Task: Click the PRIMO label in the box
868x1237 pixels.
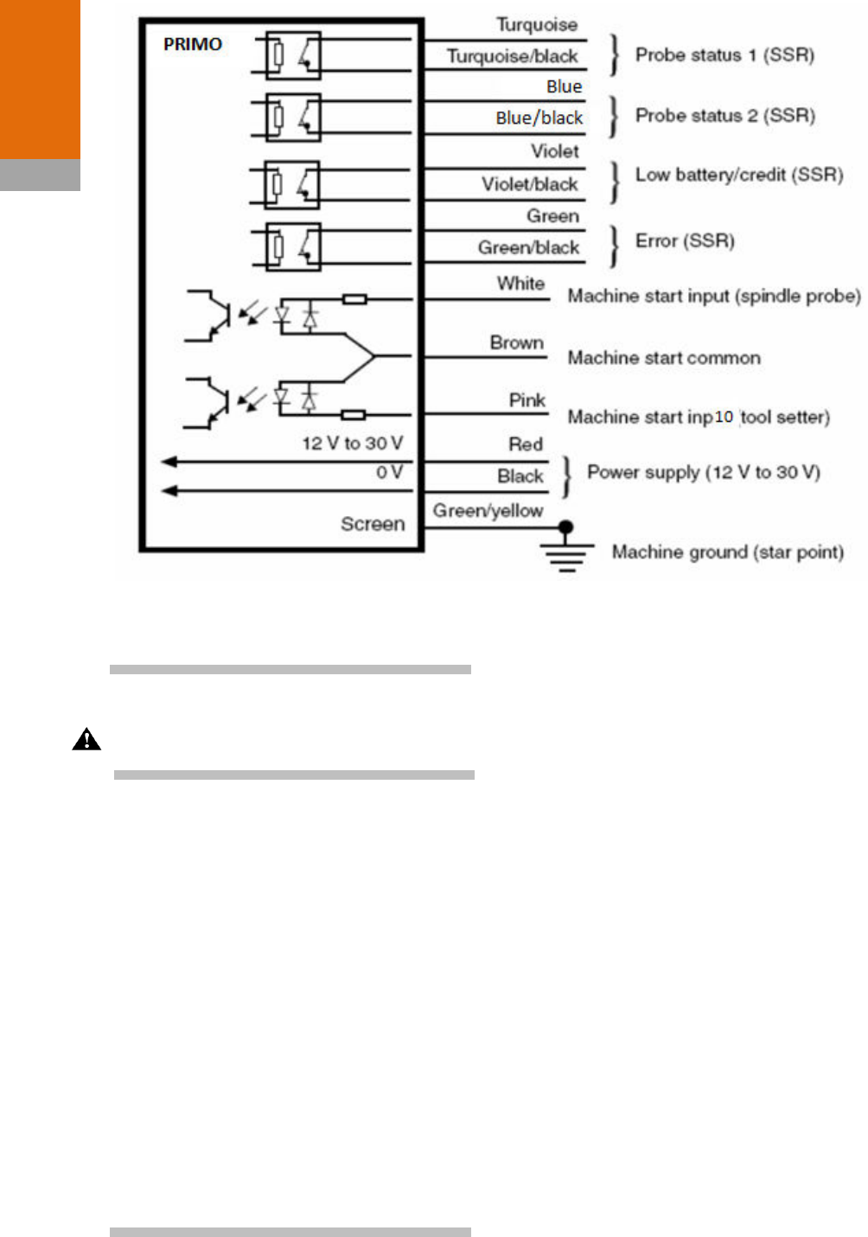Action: (x=192, y=44)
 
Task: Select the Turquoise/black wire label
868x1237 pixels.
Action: (x=512, y=56)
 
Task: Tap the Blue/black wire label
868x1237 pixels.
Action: (x=539, y=118)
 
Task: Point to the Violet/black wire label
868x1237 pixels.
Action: (x=530, y=184)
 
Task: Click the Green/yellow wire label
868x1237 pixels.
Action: (x=488, y=511)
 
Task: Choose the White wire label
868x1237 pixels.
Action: (x=520, y=284)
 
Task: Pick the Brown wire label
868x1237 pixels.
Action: (x=517, y=342)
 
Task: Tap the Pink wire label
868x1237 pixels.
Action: (x=527, y=400)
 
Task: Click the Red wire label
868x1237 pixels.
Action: (x=526, y=444)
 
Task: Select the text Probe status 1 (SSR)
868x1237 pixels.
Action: (x=724, y=55)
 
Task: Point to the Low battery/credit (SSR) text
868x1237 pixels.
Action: (x=739, y=175)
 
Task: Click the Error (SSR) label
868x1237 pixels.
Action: (x=685, y=241)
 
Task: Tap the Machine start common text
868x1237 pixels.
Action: (x=664, y=358)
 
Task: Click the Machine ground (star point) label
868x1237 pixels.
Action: (x=727, y=552)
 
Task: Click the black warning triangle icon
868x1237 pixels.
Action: (x=86, y=740)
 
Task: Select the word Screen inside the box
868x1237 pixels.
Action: (x=373, y=524)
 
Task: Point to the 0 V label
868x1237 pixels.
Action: (x=389, y=473)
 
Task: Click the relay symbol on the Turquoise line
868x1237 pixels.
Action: (x=293, y=55)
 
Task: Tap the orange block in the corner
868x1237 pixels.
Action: (x=40, y=80)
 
